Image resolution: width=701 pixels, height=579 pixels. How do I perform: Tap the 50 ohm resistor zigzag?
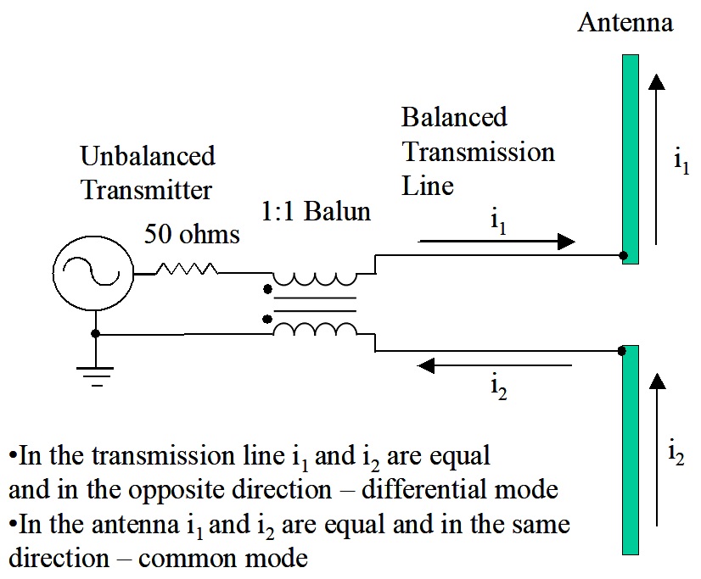pyautogui.click(x=186, y=270)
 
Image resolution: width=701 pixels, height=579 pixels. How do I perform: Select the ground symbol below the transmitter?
pyautogui.click(x=95, y=374)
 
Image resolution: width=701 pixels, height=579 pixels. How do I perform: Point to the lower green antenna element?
pyautogui.click(x=630, y=449)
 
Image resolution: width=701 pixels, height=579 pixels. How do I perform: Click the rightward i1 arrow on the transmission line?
pyautogui.click(x=496, y=242)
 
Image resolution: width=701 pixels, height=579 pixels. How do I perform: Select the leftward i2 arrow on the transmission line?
pyautogui.click(x=496, y=365)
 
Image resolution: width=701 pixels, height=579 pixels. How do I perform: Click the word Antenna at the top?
pyautogui.click(x=625, y=22)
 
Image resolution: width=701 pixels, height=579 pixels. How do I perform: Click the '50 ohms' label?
pyautogui.click(x=192, y=233)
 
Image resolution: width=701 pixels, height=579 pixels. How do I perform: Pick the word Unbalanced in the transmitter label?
pyautogui.click(x=148, y=156)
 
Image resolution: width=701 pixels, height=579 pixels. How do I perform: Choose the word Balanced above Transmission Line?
pyautogui.click(x=454, y=117)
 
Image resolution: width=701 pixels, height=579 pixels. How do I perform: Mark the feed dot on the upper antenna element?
pyautogui.click(x=624, y=255)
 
